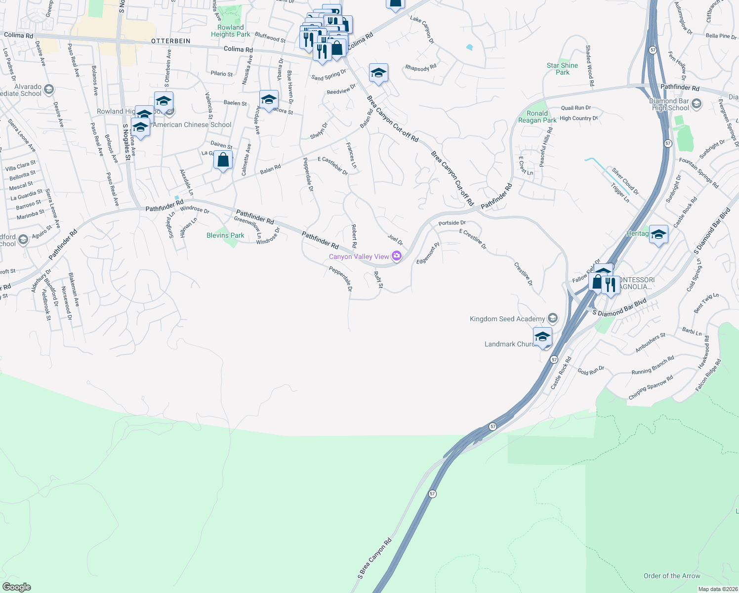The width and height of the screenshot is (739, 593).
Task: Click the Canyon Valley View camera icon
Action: pyautogui.click(x=396, y=255)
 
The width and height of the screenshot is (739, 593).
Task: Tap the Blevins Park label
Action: pyautogui.click(x=225, y=235)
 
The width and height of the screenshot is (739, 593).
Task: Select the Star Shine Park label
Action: pyautogui.click(x=562, y=69)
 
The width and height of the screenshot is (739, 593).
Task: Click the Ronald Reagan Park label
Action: pyautogui.click(x=537, y=117)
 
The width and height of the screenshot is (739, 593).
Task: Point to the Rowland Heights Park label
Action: pyautogui.click(x=231, y=31)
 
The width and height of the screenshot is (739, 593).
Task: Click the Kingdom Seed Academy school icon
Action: pyautogui.click(x=553, y=318)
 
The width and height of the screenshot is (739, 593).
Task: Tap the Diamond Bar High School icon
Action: pyautogui.click(x=697, y=104)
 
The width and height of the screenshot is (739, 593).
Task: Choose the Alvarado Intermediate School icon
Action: pyautogui.click(x=48, y=89)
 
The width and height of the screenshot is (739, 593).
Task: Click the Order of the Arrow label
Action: pyautogui.click(x=672, y=576)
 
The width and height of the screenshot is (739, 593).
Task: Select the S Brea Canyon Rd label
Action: pyautogui.click(x=374, y=558)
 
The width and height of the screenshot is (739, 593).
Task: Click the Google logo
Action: pyautogui.click(x=17, y=587)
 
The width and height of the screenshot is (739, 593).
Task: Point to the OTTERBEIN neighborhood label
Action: pyautogui.click(x=170, y=41)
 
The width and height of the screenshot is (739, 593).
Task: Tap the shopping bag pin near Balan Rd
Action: pyautogui.click(x=223, y=160)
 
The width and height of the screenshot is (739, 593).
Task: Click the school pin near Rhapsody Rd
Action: pyautogui.click(x=378, y=73)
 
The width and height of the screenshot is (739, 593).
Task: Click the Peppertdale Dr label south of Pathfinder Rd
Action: pyautogui.click(x=341, y=279)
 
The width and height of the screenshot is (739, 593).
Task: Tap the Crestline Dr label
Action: pyautogui.click(x=523, y=274)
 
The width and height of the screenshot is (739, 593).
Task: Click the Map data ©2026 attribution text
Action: pyautogui.click(x=718, y=589)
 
